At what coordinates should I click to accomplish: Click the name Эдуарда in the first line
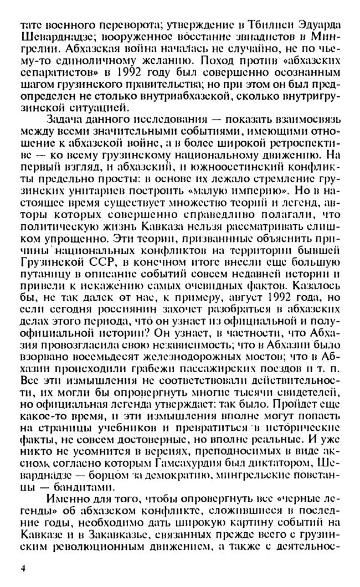pos(318,26)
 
